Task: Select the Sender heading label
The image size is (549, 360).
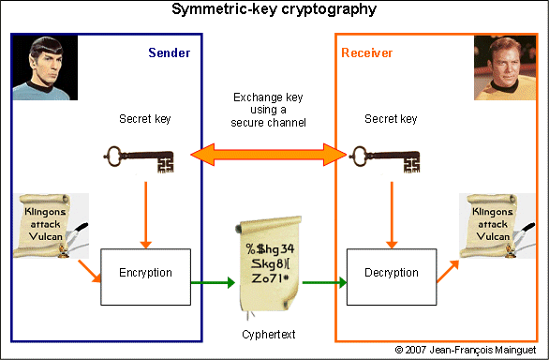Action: (169, 52)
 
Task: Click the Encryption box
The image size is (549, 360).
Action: (145, 274)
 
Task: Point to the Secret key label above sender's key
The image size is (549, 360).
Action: (145, 119)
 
